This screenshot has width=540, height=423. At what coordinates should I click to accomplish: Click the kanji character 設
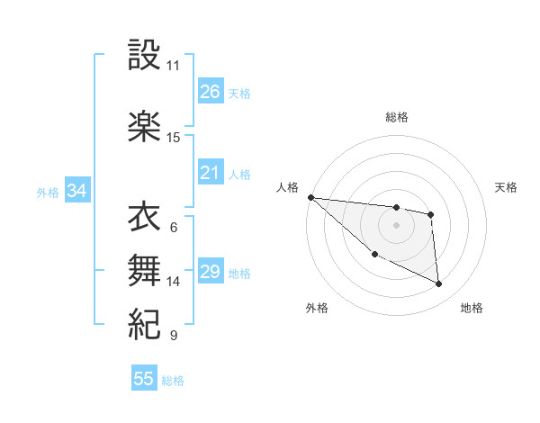[x=144, y=57]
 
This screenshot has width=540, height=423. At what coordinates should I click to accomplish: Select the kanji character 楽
[x=144, y=127]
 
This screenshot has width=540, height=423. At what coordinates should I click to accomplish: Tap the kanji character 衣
[x=144, y=219]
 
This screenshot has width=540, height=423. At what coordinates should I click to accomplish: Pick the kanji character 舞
[x=144, y=270]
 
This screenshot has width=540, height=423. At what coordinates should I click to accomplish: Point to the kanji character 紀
[x=144, y=322]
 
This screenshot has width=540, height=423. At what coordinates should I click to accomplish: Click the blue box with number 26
[x=210, y=91]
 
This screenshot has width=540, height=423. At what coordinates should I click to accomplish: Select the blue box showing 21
[x=210, y=173]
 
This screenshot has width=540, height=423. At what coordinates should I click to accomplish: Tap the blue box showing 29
[x=210, y=272]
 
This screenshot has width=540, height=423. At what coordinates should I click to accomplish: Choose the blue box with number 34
[x=76, y=191]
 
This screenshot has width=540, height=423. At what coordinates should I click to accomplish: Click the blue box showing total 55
[x=144, y=379]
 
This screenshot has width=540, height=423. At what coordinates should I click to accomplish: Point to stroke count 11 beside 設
[x=173, y=66]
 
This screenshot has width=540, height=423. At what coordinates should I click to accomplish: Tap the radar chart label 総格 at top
[x=397, y=117]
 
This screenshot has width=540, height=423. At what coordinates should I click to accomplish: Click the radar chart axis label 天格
[x=507, y=187]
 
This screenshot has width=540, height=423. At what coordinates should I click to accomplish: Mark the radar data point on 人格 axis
[x=310, y=197]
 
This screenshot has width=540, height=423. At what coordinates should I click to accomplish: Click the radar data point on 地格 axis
[x=439, y=284]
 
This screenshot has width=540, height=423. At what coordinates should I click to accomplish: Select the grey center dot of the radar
[x=396, y=225]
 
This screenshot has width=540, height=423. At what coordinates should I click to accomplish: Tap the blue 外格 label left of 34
[x=47, y=192]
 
